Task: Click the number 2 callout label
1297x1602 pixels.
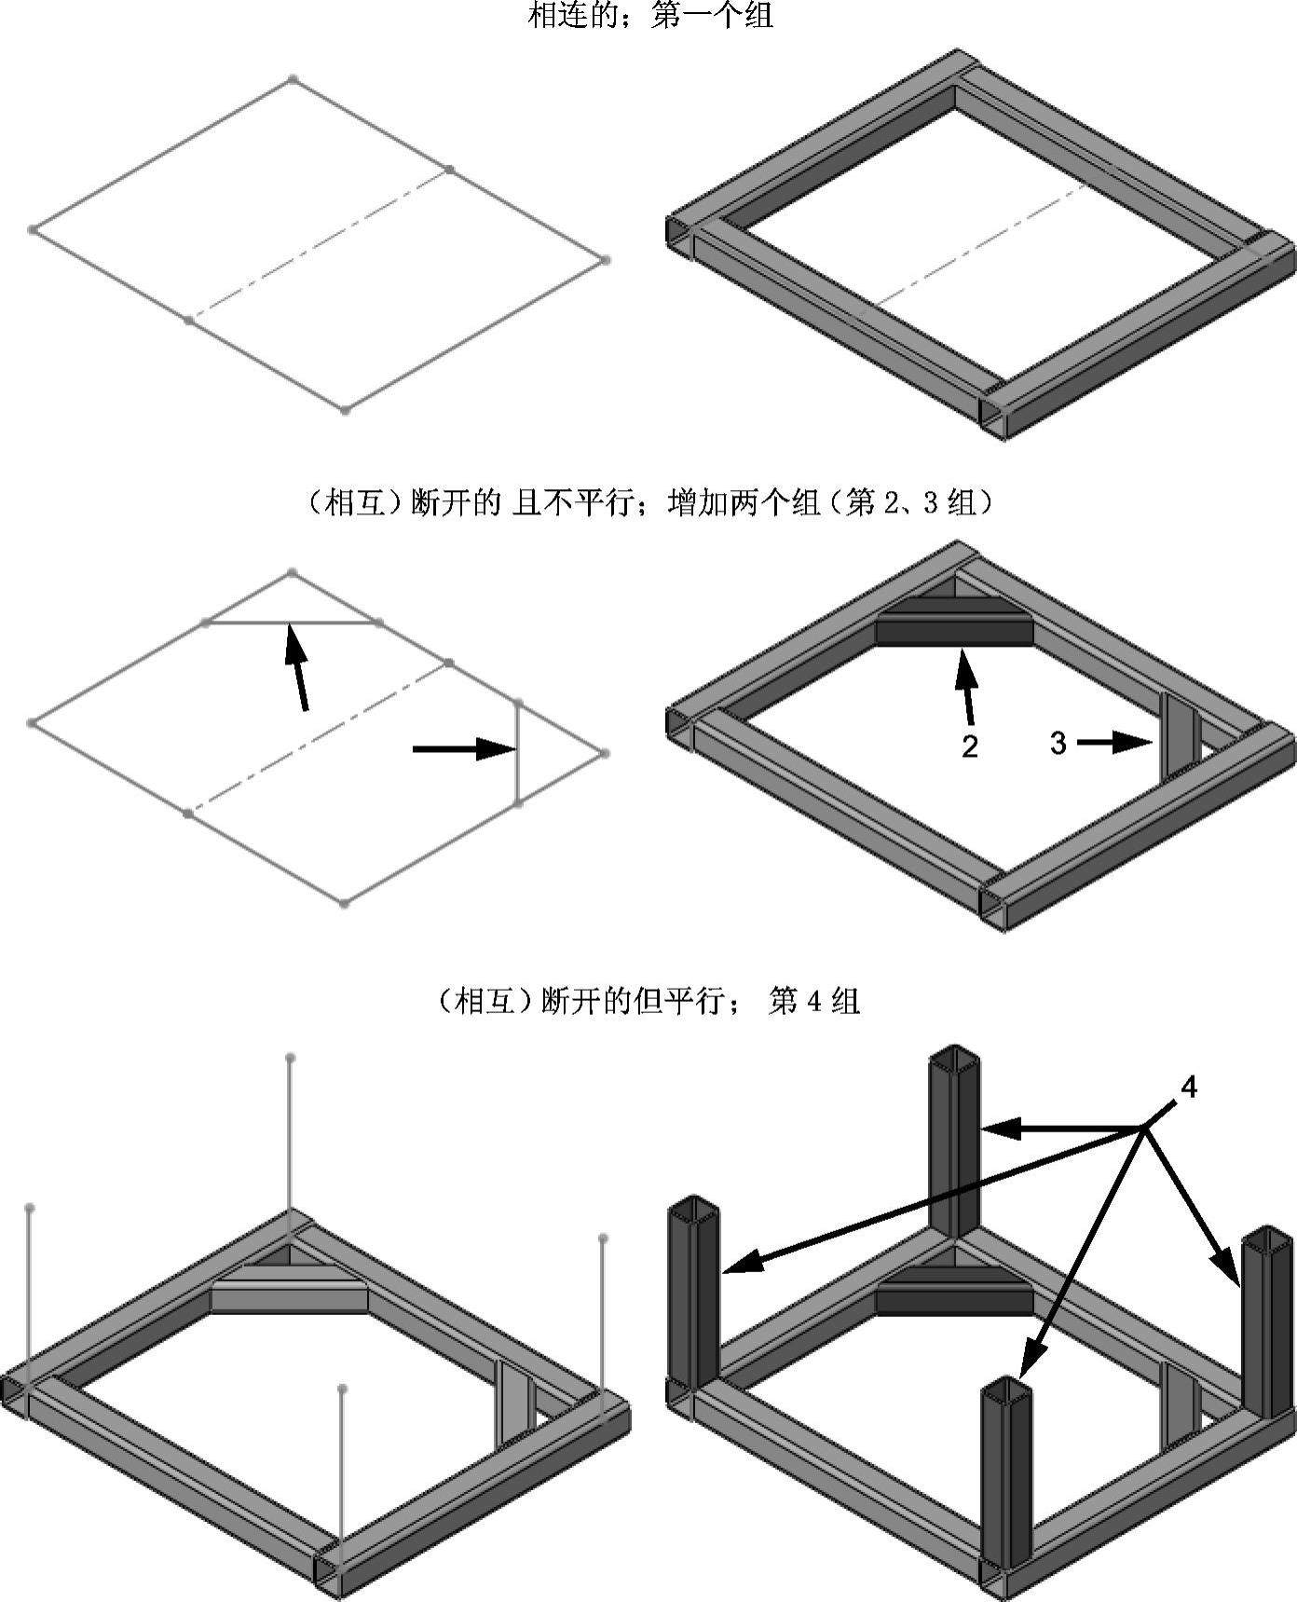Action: pos(970,746)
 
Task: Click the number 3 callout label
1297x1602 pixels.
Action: pos(1058,743)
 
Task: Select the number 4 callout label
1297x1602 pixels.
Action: pos(1188,1087)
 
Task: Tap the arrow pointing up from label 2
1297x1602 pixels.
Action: pos(966,688)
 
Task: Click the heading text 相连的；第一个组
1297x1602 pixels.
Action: pos(649,15)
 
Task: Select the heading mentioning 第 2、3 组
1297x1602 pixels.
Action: pos(648,503)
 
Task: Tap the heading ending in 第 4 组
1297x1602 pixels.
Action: pos(648,1001)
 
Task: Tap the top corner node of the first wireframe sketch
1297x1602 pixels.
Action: pos(293,79)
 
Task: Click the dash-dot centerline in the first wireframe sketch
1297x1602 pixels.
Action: pos(317,245)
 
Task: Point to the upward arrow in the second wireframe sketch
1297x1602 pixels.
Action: pos(297,666)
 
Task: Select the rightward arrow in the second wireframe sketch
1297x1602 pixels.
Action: pos(463,747)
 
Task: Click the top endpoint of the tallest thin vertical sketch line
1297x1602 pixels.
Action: pos(291,1058)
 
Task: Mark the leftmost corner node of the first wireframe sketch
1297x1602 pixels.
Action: pos(33,229)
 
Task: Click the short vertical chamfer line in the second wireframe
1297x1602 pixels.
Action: pos(518,753)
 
